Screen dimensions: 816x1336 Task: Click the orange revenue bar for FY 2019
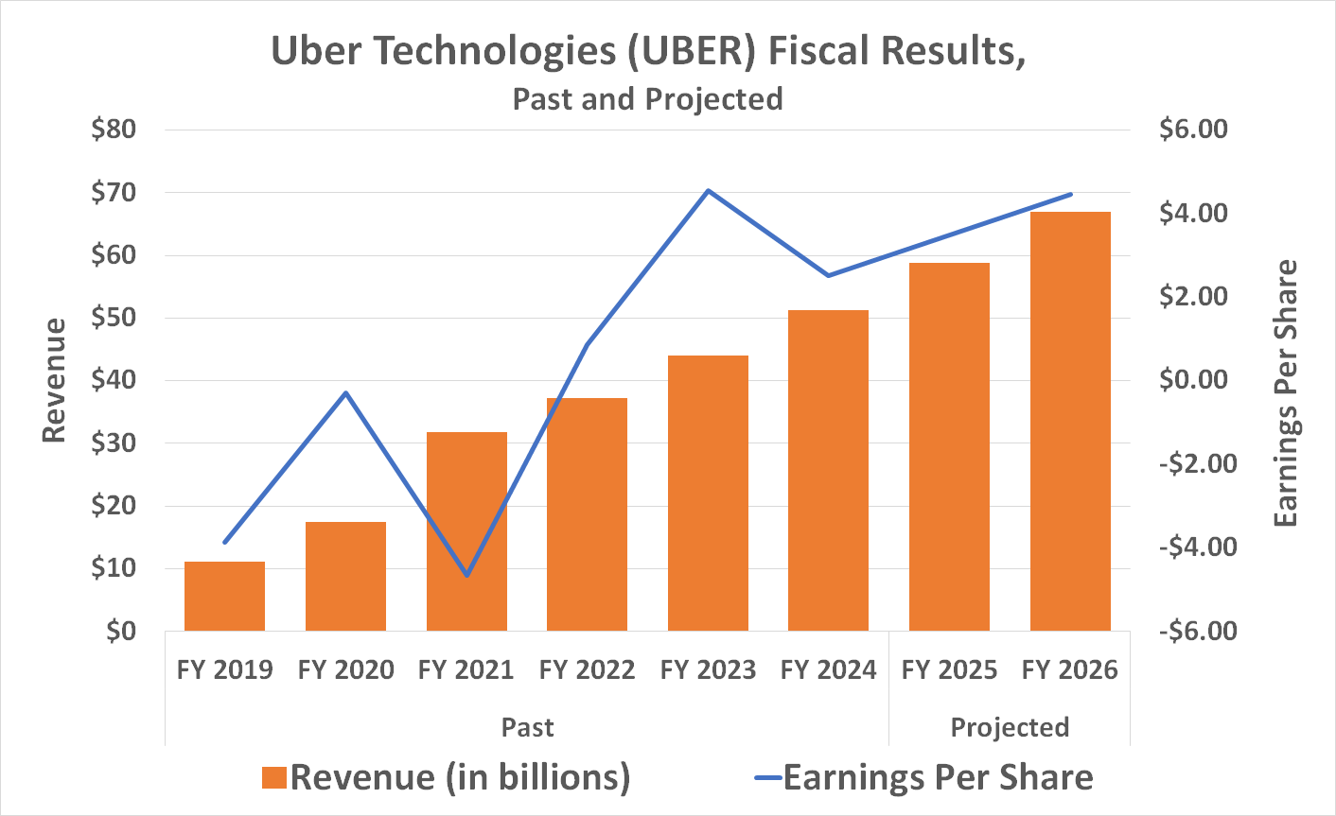224,596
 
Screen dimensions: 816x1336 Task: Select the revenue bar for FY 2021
466,531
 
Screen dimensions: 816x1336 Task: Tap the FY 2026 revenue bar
1070,421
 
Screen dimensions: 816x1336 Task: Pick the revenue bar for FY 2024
828,470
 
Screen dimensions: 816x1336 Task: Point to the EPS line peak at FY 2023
708,191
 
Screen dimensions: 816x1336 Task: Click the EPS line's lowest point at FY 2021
466,575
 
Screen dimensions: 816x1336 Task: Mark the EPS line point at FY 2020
346,392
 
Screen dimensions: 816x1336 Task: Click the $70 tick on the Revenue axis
114,193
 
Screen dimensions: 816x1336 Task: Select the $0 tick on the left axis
121,631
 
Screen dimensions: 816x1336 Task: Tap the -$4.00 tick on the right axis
1198,547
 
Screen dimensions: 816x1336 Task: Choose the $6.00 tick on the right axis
1193,130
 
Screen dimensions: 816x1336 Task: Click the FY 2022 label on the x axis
587,670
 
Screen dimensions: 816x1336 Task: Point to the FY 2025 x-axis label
949,670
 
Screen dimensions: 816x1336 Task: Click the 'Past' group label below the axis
527,727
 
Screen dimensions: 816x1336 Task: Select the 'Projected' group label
1010,727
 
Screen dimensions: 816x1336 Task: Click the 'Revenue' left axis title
55,380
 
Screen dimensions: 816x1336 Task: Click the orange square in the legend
274,777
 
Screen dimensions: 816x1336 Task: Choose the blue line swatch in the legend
767,778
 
